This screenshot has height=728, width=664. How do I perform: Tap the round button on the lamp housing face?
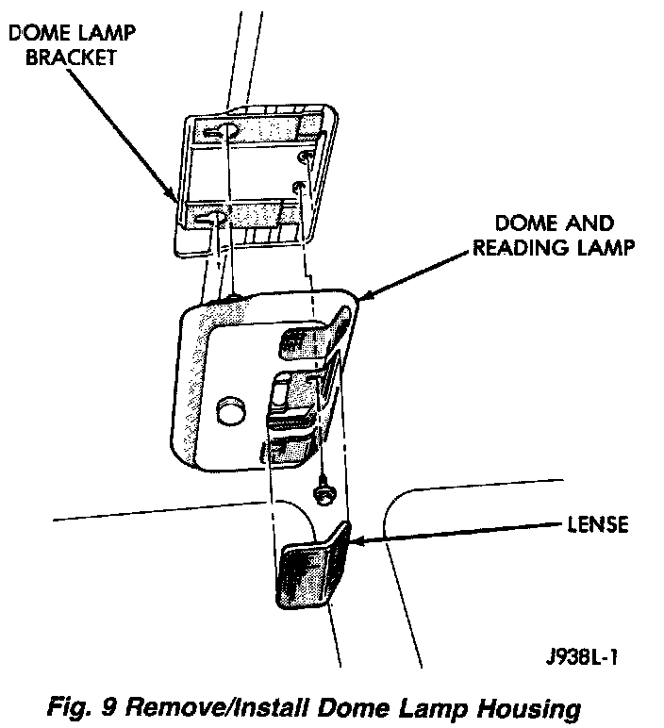(229, 411)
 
